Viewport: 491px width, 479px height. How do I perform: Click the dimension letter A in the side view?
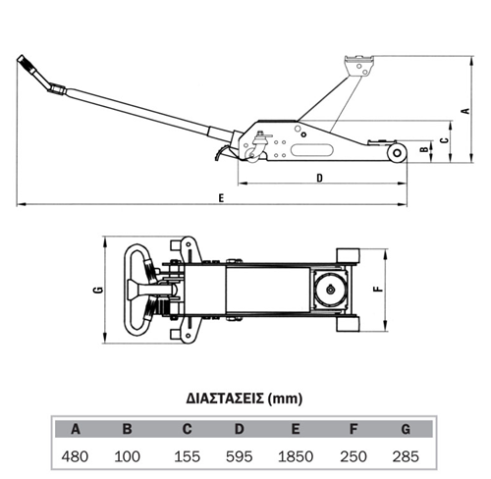coord(465,111)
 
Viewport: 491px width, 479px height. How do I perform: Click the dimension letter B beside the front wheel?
coord(424,149)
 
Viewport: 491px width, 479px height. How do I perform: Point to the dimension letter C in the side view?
coord(444,140)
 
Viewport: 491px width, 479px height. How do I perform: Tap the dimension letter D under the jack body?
coord(320,178)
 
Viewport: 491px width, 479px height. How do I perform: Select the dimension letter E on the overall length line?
coord(221,198)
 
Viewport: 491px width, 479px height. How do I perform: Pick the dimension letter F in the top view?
coord(378,289)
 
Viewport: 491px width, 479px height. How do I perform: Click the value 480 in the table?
coord(75,456)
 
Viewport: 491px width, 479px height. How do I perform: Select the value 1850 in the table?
coord(296,456)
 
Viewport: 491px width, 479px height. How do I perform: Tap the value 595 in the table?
coord(240,456)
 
